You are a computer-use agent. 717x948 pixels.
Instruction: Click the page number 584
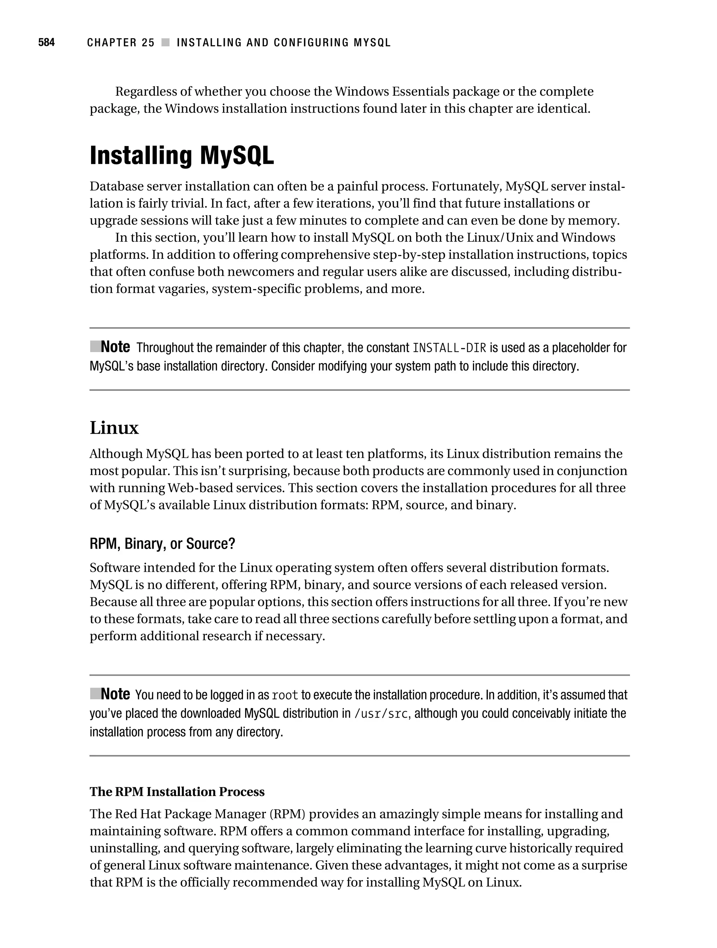[x=46, y=42]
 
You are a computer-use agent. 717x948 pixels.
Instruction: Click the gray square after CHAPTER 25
[x=165, y=42]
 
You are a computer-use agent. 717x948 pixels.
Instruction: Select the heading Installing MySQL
[x=182, y=156]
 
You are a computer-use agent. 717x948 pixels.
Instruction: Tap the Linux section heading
[x=114, y=428]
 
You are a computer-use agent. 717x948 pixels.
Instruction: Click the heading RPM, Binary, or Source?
[x=162, y=544]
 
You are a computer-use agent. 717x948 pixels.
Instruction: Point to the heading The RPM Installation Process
[x=177, y=791]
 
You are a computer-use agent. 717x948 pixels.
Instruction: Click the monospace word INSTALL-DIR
[x=449, y=348]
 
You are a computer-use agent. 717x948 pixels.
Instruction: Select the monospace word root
[x=285, y=695]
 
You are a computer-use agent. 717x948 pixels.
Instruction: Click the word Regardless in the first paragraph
[x=145, y=92]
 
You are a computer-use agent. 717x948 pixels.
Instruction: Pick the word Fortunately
[x=466, y=186]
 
